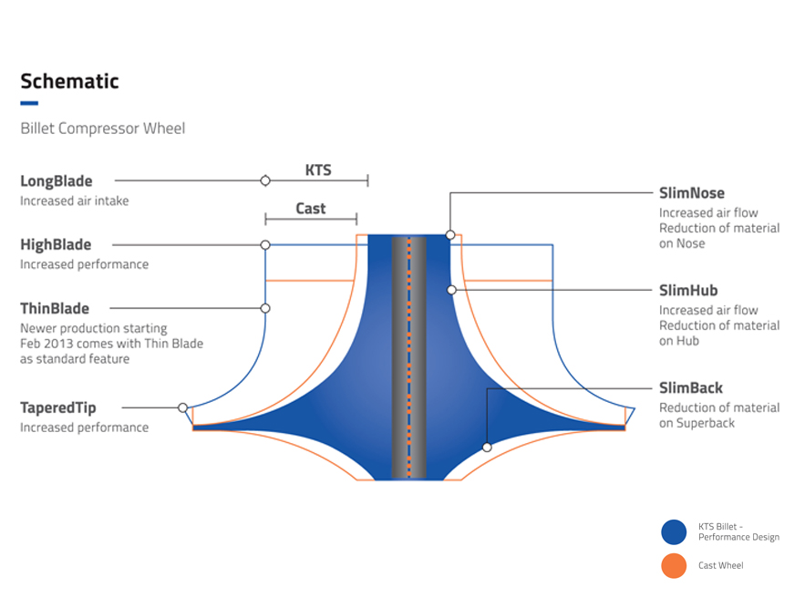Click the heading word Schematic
point(69,81)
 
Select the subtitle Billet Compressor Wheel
point(102,129)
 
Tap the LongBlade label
point(57,181)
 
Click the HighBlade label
point(56,245)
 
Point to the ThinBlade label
point(55,309)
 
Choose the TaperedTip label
point(58,408)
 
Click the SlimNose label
point(692,193)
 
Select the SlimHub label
point(688,291)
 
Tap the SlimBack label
point(691,388)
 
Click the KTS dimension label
point(318,170)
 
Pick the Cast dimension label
point(311,209)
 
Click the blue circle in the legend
point(674,532)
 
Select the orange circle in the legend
point(674,566)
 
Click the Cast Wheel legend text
point(720,566)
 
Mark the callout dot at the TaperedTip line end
point(183,407)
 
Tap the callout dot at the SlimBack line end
point(488,448)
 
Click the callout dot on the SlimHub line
point(450,290)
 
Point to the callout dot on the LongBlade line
point(265,180)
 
